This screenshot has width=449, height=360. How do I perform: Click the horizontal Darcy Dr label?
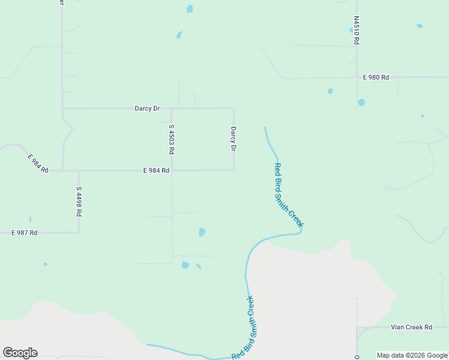147,109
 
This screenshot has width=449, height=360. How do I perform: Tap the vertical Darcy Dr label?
233,139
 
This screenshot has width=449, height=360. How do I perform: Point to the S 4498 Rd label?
79,201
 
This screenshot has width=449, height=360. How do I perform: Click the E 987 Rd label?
25,232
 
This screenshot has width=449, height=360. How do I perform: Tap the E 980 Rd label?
376,77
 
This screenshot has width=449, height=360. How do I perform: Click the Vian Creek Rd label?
411,327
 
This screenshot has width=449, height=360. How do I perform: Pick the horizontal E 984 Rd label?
156,170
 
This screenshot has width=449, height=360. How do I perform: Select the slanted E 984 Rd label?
38,163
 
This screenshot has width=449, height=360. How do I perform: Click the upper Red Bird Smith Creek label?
288,195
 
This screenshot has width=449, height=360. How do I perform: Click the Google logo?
20,353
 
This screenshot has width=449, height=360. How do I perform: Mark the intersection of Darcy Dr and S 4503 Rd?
172,109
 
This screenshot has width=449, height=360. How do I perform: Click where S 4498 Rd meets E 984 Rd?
79,170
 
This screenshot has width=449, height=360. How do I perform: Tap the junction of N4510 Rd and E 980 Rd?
357,77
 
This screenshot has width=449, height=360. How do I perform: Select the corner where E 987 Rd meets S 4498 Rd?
79,232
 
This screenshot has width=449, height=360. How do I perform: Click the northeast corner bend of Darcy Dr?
233,109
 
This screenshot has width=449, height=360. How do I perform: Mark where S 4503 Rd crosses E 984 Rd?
172,170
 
